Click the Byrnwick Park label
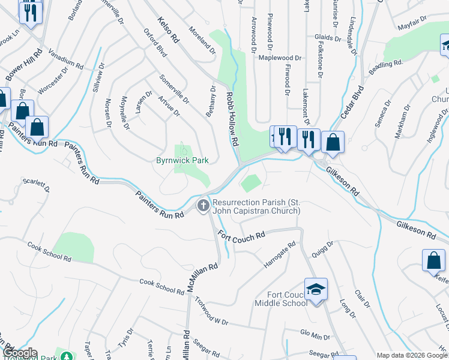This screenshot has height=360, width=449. click(182, 161)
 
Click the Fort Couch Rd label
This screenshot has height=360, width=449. click(241, 236)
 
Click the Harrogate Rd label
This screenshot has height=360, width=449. click(280, 255)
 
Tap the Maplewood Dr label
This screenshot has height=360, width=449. click(280, 58)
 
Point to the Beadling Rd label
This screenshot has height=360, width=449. click(385, 67)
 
